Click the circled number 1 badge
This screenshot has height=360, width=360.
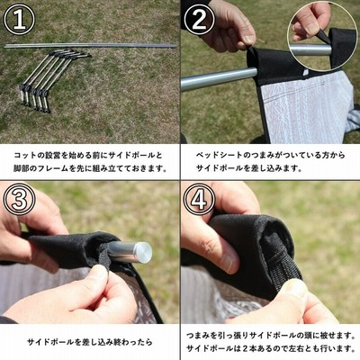click(19, 20)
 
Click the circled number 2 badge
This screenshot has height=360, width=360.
click(199, 19)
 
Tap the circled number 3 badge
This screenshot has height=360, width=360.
click(19, 199)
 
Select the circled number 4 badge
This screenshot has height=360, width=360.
click(199, 199)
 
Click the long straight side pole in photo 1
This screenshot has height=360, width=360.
click(90, 46)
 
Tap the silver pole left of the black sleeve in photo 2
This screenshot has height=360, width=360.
click(219, 79)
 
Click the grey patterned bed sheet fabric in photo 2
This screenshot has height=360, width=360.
click(303, 108)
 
